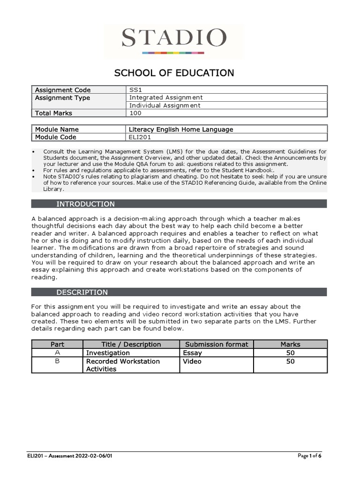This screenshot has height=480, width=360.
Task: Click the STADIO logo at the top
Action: [174, 39]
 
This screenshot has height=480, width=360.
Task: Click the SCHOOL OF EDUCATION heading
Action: [174, 73]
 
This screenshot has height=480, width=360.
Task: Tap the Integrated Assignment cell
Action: [166, 97]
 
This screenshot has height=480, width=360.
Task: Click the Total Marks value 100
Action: [135, 113]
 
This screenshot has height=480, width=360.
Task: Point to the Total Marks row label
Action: [53, 113]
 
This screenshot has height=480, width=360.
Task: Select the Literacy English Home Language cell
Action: [181, 129]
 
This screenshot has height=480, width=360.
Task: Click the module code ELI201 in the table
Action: [139, 137]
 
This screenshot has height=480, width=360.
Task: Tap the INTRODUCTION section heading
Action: [85, 204]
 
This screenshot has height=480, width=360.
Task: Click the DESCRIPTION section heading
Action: [82, 292]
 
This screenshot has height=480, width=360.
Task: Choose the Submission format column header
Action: [217, 344]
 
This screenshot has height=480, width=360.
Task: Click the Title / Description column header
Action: [131, 344]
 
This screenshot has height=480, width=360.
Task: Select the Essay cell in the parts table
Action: [192, 352]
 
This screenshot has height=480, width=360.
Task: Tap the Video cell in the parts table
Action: [192, 361]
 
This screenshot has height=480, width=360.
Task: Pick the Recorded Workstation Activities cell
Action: [123, 365]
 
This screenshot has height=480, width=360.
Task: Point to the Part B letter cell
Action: [58, 361]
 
